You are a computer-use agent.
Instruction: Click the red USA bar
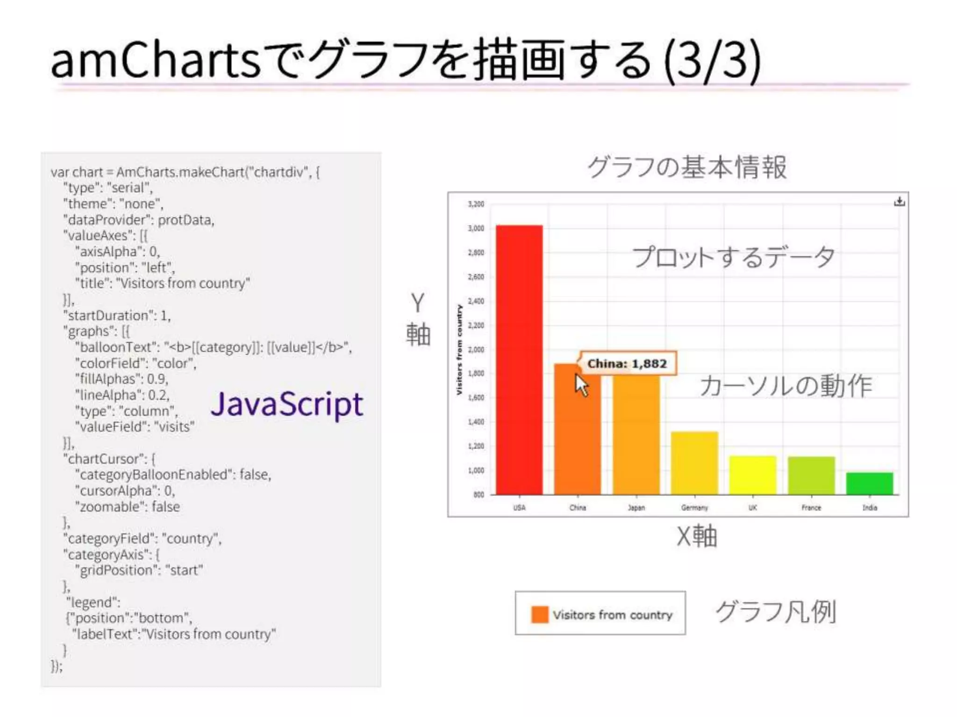[519, 359]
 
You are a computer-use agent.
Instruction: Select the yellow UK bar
[753, 475]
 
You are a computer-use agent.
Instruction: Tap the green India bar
[869, 484]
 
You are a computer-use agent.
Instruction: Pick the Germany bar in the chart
[694, 463]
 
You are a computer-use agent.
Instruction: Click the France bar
[811, 475]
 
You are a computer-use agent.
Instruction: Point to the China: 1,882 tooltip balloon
[627, 363]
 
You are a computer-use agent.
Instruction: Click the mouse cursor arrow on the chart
[581, 385]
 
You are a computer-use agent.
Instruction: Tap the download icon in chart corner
[899, 202]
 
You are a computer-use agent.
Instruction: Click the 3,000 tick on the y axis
[476, 228]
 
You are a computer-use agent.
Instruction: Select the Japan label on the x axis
[636, 507]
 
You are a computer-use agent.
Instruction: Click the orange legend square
[540, 614]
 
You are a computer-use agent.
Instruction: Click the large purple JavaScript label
[286, 404]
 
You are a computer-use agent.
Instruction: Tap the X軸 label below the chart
[696, 536]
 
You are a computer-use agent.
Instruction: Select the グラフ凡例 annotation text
[776, 612]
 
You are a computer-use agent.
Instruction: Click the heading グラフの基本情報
[687, 167]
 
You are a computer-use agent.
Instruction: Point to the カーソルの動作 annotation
[786, 386]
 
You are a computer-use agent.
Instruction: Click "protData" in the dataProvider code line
[186, 220]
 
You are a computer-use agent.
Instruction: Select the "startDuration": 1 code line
[117, 316]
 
